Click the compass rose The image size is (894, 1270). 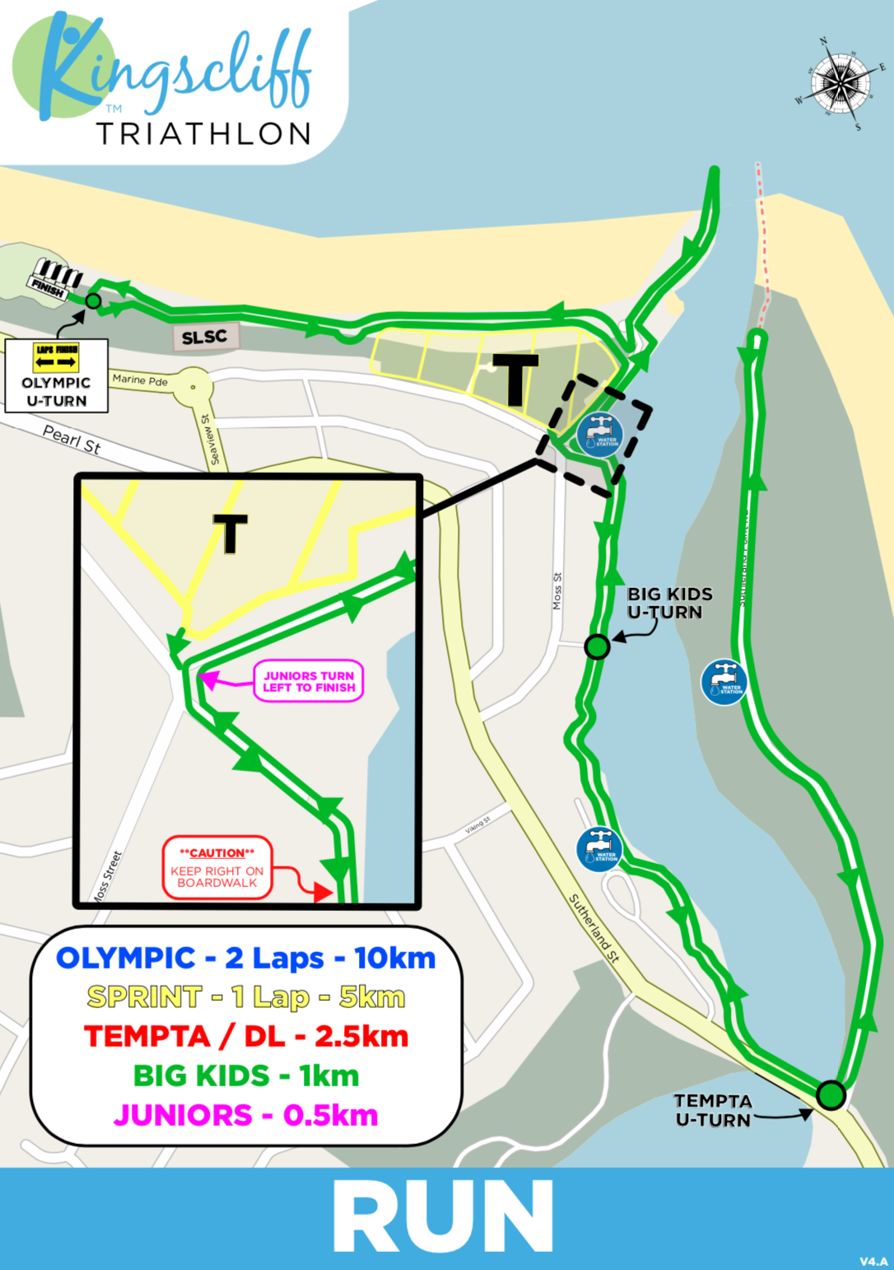pos(839,82)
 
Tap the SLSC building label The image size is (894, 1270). pos(204,337)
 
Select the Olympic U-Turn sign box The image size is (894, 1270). pos(56,376)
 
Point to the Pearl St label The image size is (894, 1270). pos(71,440)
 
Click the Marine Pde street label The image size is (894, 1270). pos(140,380)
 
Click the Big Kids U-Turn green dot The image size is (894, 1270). pos(597,647)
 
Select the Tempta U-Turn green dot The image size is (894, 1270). pos(831,1095)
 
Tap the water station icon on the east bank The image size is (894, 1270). pos(724,681)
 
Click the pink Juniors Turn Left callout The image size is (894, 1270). pos(309,681)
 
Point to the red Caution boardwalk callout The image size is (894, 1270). pos(217,868)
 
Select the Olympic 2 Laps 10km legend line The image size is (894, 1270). pos(245,958)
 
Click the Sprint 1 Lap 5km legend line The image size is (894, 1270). pos(245,997)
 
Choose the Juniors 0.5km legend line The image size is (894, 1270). pos(245,1115)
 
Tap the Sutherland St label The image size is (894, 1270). pos(594,928)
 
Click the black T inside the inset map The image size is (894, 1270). pos(230,533)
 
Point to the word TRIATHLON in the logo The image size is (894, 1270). pos(204,133)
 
